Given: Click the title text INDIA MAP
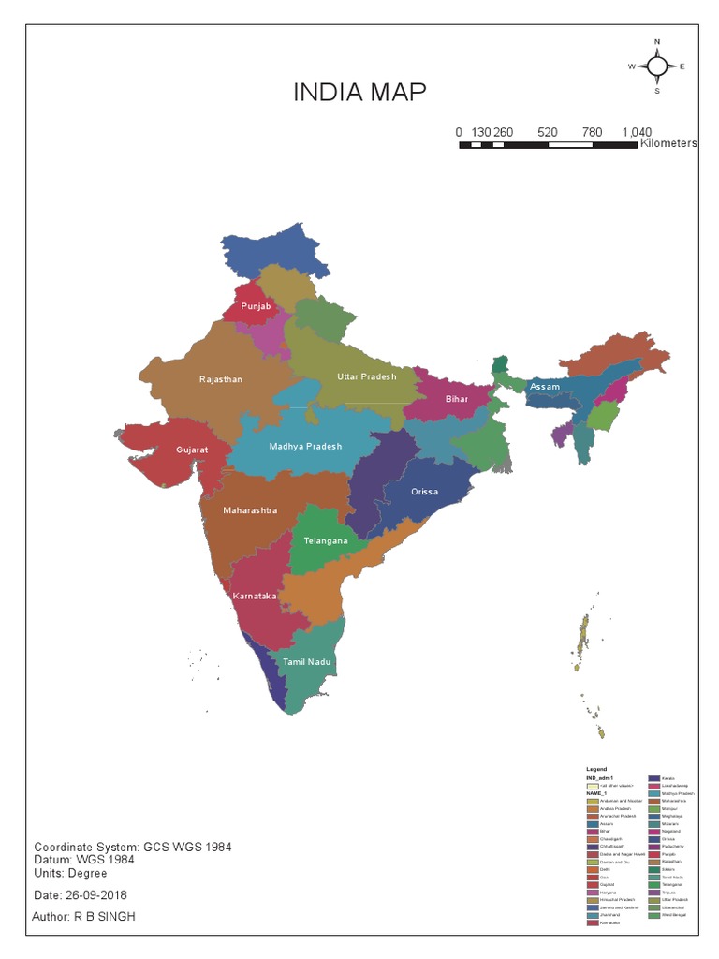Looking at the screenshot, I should click(x=359, y=93).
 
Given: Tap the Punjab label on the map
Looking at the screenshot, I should click(x=256, y=306).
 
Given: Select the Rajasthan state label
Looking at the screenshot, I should click(x=221, y=379).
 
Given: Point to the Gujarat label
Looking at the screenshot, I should click(x=192, y=450).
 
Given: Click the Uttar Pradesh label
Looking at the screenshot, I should click(x=366, y=376).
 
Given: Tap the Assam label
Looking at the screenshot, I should click(x=544, y=387).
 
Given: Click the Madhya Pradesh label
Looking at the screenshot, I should click(x=305, y=446).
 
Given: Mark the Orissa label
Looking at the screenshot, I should click(x=425, y=492).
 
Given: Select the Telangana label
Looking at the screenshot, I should click(x=326, y=541).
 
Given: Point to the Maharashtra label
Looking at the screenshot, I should click(x=250, y=511).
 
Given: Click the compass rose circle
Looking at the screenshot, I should click(x=657, y=66).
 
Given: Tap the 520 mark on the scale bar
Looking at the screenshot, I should click(x=548, y=133).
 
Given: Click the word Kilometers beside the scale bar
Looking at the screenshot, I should click(x=668, y=144).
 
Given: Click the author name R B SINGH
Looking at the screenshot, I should click(x=104, y=917).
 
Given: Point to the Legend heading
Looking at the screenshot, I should click(x=596, y=769).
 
